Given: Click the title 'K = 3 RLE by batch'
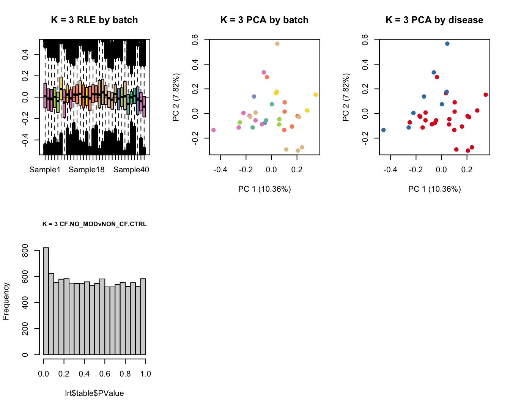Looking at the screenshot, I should (94, 20).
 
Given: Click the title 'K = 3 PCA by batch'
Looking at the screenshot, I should (264, 20).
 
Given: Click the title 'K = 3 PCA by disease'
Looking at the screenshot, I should (434, 20).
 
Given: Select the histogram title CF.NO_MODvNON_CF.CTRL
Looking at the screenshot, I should (94, 224).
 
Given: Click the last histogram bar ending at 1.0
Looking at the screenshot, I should (143, 317).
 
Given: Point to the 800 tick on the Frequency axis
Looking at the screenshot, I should (25, 250).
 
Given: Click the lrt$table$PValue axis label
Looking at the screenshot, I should (94, 393).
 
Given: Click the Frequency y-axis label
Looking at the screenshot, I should (6, 301).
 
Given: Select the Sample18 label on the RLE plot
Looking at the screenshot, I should (87, 170).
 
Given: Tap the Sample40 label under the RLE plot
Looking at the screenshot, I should (131, 170).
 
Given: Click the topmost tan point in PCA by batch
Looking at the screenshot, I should (277, 44).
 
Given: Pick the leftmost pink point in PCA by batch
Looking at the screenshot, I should (214, 130).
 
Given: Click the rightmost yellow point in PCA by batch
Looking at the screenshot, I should (316, 95).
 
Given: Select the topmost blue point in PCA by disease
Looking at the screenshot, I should (447, 44).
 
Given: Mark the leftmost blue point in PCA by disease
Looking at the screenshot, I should (384, 130).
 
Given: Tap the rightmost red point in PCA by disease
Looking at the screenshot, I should (486, 95).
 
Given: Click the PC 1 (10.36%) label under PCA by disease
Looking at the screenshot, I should (434, 189).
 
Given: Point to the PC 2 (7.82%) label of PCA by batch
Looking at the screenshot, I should (176, 98).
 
